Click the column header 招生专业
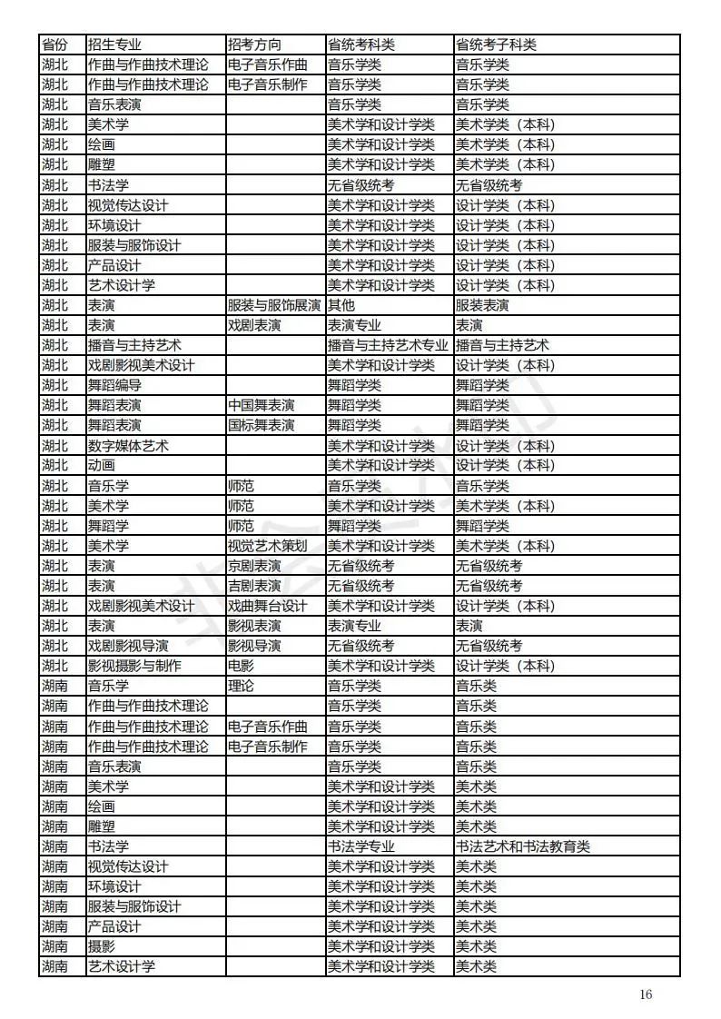click(x=114, y=45)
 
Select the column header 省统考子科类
click(x=496, y=45)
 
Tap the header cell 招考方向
click(x=254, y=45)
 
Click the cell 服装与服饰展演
click(x=273, y=305)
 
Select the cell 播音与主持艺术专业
click(x=388, y=345)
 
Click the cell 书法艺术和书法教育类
click(x=522, y=846)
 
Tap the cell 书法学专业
click(x=361, y=846)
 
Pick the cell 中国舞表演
click(x=261, y=405)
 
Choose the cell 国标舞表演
click(x=261, y=425)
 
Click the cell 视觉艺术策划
click(x=267, y=546)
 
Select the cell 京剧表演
click(x=254, y=566)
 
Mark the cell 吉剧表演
click(x=254, y=586)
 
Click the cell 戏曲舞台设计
click(x=267, y=606)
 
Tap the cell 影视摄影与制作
click(x=134, y=666)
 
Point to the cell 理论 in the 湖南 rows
click(x=241, y=686)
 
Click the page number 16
click(x=646, y=994)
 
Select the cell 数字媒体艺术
click(x=128, y=446)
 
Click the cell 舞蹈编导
click(x=114, y=385)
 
